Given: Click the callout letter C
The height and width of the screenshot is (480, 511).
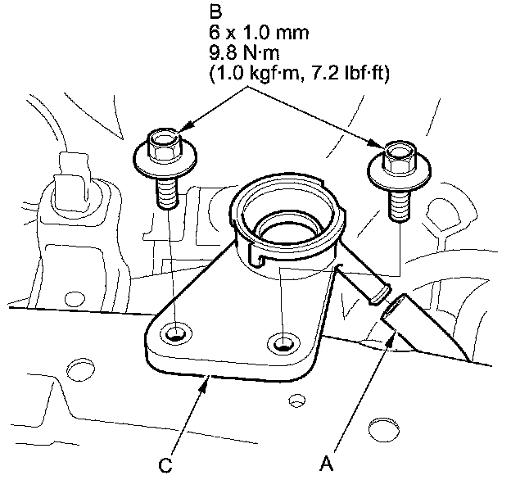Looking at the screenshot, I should click(x=165, y=464).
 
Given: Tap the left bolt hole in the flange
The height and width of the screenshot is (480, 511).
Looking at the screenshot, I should click(x=174, y=333).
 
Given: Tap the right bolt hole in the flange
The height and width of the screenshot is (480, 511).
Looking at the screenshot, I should click(x=283, y=342).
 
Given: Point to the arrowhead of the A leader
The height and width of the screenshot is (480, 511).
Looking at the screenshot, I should click(x=390, y=337).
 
